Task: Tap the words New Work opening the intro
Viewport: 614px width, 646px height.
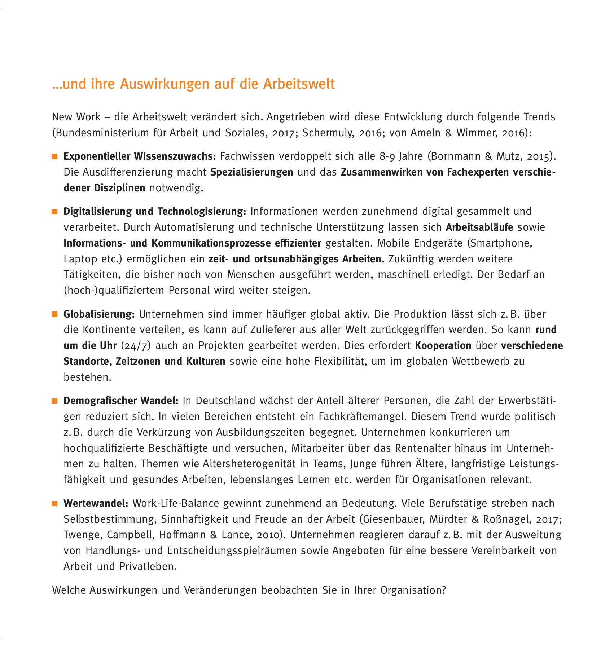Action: click(76, 117)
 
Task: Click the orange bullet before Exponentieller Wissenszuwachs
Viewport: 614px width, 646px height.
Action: click(55, 157)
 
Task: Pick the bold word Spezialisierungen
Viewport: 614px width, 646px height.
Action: click(251, 172)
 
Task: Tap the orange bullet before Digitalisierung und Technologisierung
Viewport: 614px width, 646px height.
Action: click(55, 212)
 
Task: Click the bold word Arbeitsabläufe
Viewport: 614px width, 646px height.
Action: click(479, 227)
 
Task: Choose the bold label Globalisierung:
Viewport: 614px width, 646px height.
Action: click(99, 314)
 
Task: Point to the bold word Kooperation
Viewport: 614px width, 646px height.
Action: click(443, 346)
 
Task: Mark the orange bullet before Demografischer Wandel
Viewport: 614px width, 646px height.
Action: click(55, 401)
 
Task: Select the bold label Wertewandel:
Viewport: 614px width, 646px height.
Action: click(96, 503)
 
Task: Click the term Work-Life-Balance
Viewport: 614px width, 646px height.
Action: click(176, 503)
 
